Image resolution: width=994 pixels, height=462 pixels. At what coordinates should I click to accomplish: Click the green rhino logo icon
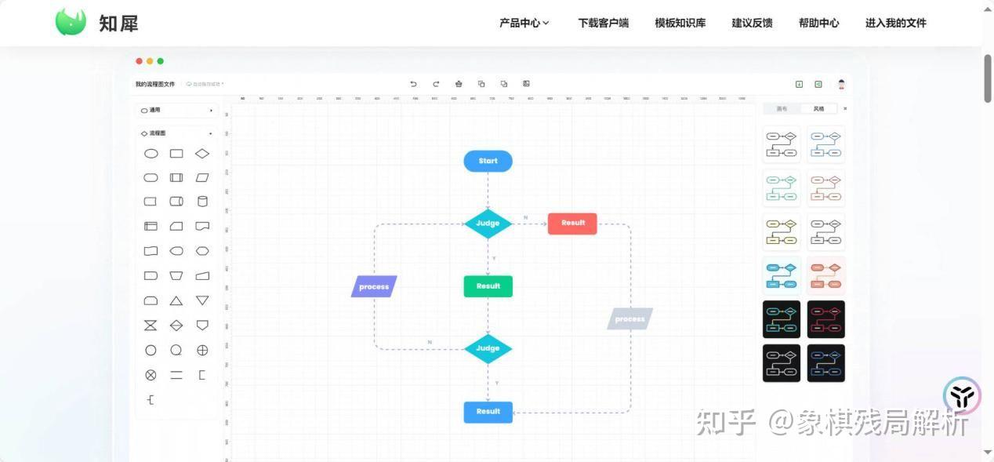[71, 22]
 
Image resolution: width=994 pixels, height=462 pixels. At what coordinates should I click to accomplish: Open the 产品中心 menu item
[524, 24]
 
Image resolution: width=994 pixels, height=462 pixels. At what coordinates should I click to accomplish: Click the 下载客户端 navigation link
[603, 24]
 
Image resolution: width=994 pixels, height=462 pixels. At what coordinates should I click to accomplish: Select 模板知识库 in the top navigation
[680, 24]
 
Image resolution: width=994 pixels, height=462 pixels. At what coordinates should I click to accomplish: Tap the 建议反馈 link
[752, 24]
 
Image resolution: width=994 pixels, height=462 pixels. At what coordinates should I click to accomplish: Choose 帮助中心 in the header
[818, 24]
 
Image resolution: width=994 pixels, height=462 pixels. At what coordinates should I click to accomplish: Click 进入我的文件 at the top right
[895, 24]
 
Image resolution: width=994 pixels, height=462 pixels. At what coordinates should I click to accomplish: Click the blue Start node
[488, 162]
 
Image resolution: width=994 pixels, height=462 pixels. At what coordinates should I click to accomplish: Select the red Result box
[572, 224]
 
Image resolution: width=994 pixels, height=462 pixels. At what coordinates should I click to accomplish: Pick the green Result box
[488, 286]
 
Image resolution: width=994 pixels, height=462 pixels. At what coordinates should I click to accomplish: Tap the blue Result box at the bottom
[488, 412]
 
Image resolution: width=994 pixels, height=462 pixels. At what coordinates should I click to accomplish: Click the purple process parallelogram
[374, 287]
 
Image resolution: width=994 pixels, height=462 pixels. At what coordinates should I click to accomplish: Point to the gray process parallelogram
[629, 319]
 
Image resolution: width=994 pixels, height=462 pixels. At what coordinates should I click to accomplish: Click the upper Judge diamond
[488, 224]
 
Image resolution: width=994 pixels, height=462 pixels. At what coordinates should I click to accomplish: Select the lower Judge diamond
[488, 348]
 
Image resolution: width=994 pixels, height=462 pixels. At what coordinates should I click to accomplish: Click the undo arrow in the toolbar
[414, 84]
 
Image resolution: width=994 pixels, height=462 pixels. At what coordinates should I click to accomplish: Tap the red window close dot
[140, 61]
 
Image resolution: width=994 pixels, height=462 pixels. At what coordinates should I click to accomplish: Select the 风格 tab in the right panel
[818, 109]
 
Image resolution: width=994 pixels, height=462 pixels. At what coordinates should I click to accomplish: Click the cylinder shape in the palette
[202, 202]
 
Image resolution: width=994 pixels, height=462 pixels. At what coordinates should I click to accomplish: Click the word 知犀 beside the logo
[118, 24]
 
